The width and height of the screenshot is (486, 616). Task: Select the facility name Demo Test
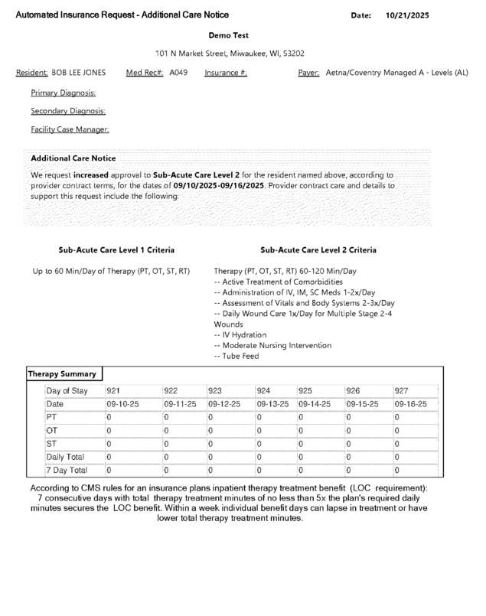228,35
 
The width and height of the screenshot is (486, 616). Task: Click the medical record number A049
178,73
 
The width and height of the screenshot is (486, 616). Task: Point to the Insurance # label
226,73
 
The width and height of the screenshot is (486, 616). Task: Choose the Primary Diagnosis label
63,93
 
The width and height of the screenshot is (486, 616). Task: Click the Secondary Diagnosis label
68,111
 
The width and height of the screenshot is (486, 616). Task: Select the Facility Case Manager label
70,129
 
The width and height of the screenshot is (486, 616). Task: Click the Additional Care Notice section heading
73,158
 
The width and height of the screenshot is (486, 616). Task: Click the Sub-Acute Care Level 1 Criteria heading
116,250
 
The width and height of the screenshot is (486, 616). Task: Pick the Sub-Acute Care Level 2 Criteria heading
318,250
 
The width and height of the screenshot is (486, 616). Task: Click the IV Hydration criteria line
240,334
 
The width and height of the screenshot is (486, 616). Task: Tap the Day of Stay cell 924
263,390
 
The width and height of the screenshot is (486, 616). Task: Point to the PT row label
51,417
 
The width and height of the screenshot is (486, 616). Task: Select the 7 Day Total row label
67,470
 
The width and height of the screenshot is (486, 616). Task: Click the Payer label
308,73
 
